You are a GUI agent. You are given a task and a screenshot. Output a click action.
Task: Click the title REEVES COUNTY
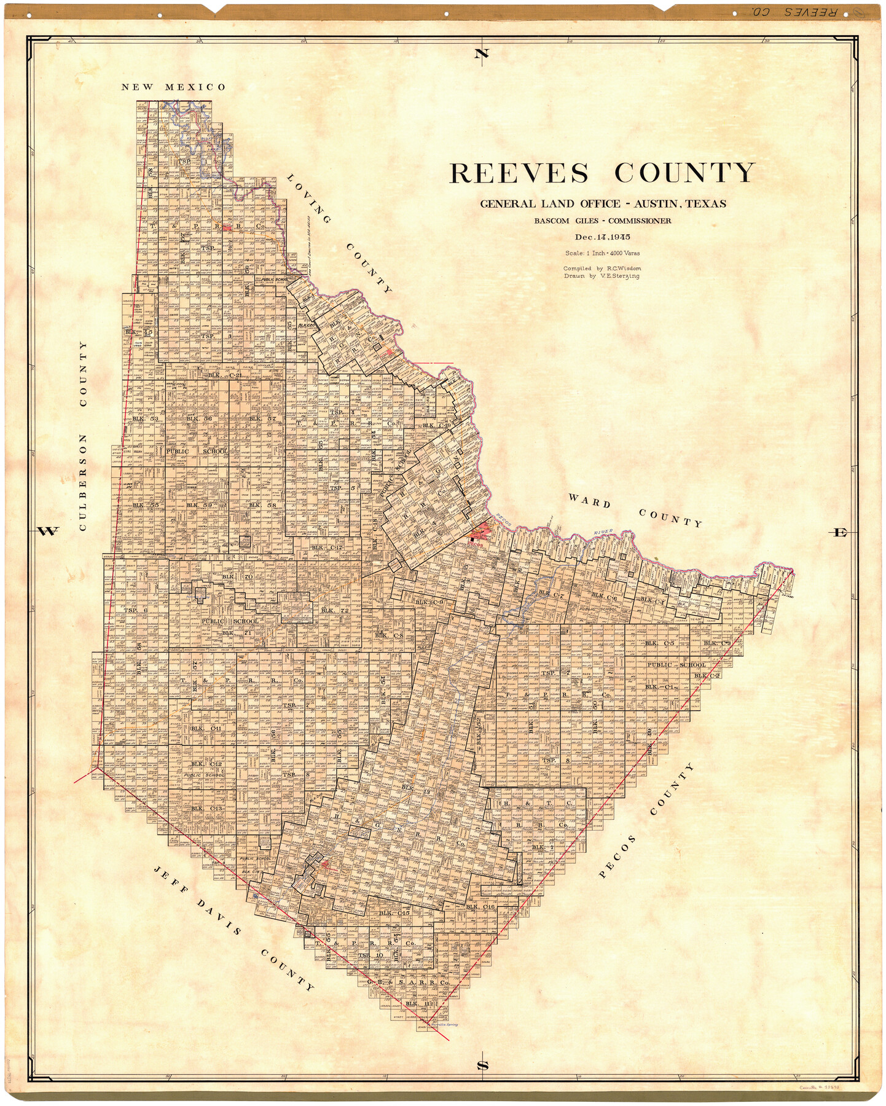coord(602,173)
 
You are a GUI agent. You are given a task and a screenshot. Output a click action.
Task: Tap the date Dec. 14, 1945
coord(603,237)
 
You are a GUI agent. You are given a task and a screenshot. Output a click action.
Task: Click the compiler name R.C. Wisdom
coord(624,269)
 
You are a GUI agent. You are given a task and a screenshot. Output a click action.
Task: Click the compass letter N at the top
coord(482,54)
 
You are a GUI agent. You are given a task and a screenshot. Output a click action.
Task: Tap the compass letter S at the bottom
coord(483,1065)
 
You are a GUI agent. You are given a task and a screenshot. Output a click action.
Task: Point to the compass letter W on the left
coord(48,531)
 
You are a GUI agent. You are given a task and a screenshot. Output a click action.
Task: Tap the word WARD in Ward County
coord(589,501)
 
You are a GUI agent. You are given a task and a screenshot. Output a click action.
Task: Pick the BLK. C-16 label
coord(480,906)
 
